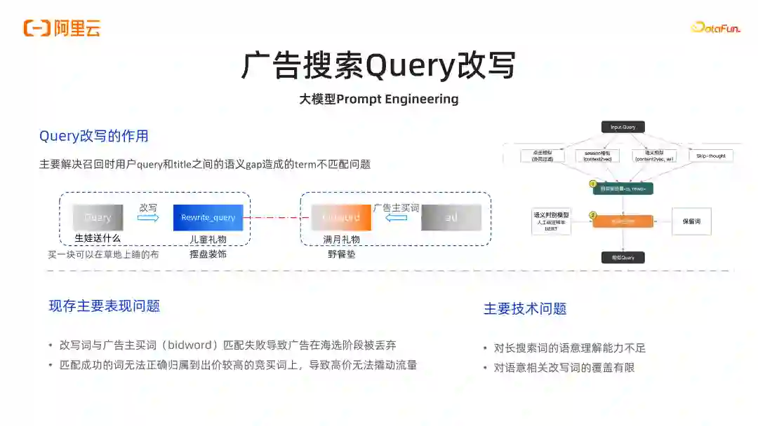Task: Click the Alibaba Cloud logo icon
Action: pos(36,28)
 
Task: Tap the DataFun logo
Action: pos(716,27)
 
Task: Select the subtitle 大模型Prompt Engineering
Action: pos(379,99)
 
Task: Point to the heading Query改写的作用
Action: pos(93,136)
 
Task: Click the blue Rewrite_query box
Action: pos(208,217)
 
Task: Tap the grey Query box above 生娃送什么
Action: pos(98,217)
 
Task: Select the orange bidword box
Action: pos(340,217)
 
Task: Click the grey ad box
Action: pos(451,217)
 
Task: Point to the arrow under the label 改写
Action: pos(148,218)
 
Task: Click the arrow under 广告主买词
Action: pos(397,217)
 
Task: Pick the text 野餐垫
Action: pos(341,254)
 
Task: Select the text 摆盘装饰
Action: pos(208,254)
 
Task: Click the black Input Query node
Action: pos(623,127)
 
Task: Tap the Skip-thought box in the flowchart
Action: pos(711,156)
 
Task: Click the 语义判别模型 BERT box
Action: pos(551,221)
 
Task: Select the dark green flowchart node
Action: pos(623,188)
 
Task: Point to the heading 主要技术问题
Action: pos(525,309)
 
